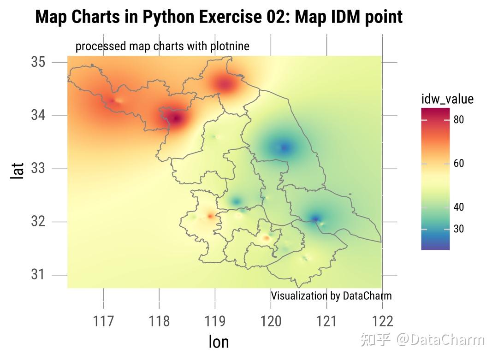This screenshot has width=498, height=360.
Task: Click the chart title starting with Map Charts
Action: [x=219, y=17]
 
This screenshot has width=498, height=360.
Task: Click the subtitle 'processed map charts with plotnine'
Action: [x=162, y=46]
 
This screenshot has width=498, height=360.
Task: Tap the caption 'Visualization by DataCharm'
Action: [x=331, y=295]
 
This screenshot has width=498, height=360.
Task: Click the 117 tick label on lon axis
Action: [x=103, y=321]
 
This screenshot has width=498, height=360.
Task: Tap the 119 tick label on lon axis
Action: [x=215, y=321]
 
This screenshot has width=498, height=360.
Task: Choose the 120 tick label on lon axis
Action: [x=271, y=321]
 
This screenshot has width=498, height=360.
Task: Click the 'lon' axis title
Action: [x=219, y=342]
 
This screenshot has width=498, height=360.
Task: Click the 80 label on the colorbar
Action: [x=458, y=120]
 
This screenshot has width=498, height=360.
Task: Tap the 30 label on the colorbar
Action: [x=458, y=229]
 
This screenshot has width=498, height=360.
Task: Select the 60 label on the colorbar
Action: [x=458, y=164]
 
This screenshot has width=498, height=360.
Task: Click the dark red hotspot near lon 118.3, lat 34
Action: [x=176, y=118]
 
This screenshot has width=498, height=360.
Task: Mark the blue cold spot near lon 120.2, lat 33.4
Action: [x=284, y=148]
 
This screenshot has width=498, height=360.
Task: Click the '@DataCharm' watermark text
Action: [x=440, y=340]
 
